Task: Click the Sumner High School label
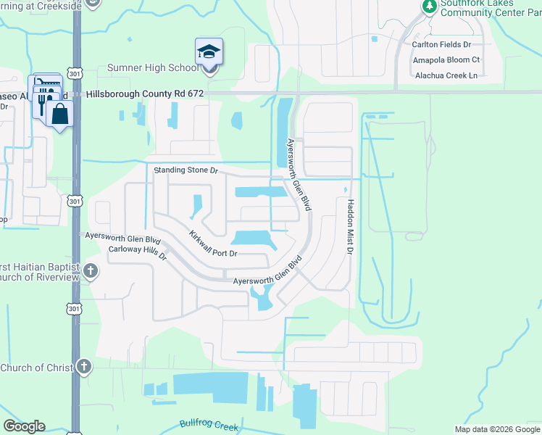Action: [152, 67]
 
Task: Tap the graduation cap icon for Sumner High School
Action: [209, 52]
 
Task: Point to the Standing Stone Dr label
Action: [185, 170]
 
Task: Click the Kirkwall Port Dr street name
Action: [213, 245]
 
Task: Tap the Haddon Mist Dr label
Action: [349, 227]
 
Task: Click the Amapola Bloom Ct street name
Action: [446, 59]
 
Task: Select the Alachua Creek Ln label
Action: [446, 75]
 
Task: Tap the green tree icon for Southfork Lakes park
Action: [429, 6]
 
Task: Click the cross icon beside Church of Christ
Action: [84, 367]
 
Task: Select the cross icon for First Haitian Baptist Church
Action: [90, 272]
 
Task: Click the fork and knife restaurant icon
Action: [42, 105]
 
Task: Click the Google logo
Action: [24, 426]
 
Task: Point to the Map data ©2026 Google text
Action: [496, 429]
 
